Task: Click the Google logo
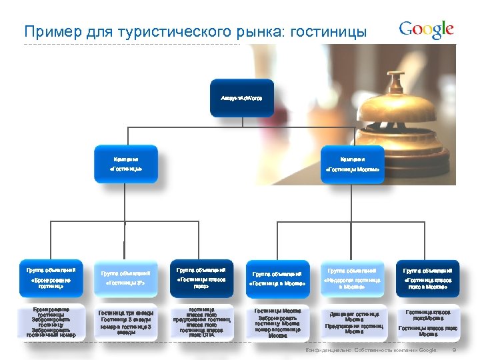[427, 30]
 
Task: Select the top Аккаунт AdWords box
[242, 98]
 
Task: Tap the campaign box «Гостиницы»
[125, 164]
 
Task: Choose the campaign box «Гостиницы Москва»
[352, 164]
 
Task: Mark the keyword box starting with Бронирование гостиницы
[51, 323]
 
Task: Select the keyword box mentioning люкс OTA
[201, 323]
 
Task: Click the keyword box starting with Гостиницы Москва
[277, 323]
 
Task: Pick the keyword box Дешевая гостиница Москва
[353, 323]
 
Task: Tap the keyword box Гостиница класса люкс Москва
[427, 323]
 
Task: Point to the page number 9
[454, 351]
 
